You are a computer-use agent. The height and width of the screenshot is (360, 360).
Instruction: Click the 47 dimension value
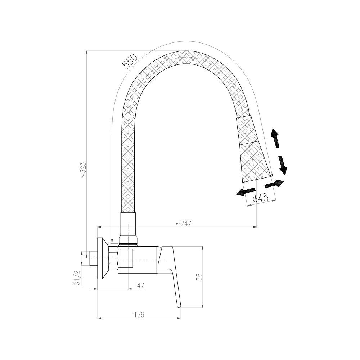click(x=140, y=285)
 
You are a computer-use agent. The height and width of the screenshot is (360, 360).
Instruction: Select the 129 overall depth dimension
click(x=139, y=314)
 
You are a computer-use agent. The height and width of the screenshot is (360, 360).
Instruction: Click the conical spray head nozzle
click(x=254, y=151)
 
